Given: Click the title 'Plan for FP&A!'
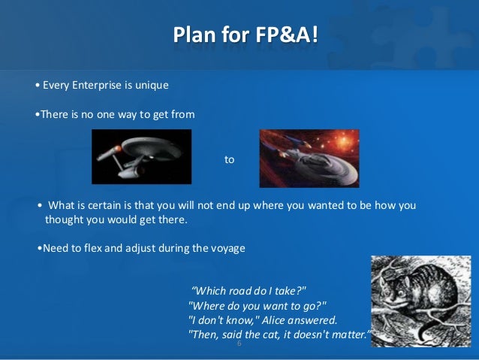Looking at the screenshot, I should pos(246,35).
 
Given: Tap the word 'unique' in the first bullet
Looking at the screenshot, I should pos(151,85).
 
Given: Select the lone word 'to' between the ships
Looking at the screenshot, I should pos(230,159).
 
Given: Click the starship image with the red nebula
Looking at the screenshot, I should pos(309,158).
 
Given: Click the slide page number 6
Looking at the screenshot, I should pos(239,343).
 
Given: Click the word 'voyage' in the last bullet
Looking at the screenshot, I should pos(228,248).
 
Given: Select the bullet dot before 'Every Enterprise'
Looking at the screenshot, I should pos(38,86).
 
